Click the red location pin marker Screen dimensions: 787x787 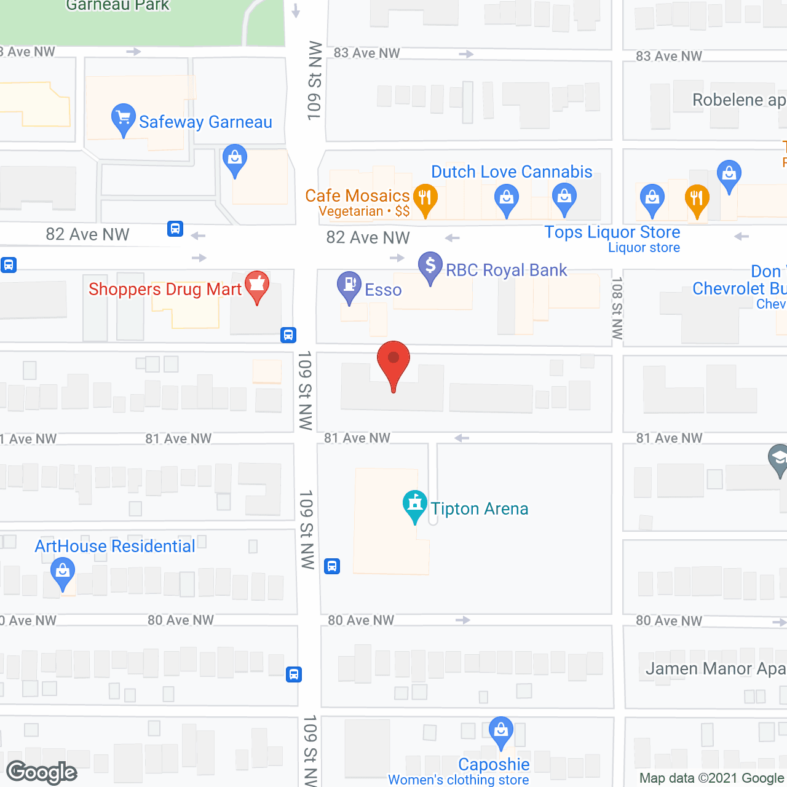(x=393, y=363)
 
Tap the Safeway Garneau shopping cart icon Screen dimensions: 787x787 (x=123, y=117)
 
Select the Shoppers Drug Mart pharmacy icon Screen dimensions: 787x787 (x=257, y=285)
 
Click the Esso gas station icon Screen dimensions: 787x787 (x=349, y=286)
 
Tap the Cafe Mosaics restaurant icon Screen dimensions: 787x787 (x=425, y=198)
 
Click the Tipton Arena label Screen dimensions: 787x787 (x=479, y=508)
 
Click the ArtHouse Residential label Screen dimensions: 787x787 (x=115, y=546)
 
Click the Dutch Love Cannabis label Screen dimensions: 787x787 (x=512, y=172)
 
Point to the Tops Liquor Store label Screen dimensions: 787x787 (x=612, y=232)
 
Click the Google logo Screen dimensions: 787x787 (x=42, y=772)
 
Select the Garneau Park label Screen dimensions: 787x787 (x=117, y=6)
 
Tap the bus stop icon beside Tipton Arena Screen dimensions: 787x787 (x=332, y=566)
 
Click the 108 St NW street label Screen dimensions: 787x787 (x=617, y=308)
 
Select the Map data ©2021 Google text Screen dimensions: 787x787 (x=712, y=778)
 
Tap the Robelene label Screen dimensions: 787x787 (x=738, y=100)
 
